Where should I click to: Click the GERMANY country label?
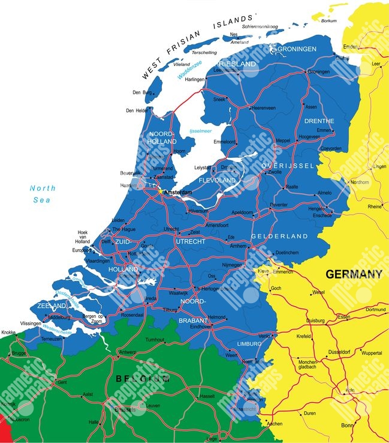[x=354, y=274]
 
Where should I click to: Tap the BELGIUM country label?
[x=141, y=378]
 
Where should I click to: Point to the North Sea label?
[x=43, y=194]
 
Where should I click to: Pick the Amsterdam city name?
[x=179, y=192]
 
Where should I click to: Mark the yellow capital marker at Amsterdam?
[x=161, y=192]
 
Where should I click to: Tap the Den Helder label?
[x=137, y=110]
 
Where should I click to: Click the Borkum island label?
[x=329, y=21]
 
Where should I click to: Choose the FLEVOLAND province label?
[x=217, y=179]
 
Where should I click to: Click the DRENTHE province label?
[x=319, y=121]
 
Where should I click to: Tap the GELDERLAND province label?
[x=279, y=237]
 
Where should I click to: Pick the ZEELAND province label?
[x=51, y=306]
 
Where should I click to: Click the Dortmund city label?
[x=376, y=310]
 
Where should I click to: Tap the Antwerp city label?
[x=128, y=352]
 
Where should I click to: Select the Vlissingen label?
[x=31, y=323]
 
